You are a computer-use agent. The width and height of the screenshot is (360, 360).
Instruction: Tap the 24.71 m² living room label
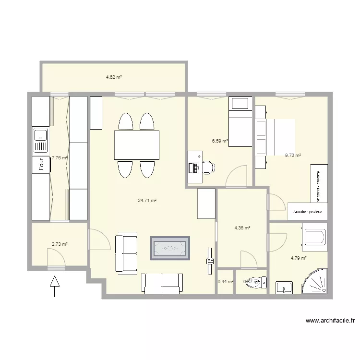(147, 201)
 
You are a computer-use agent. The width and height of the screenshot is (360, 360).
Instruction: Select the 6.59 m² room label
(220, 141)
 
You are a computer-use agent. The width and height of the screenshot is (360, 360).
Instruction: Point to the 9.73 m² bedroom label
(293, 155)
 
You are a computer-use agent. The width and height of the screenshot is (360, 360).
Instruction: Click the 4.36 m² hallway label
(242, 228)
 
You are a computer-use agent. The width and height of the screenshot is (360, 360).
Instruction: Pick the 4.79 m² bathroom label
(299, 258)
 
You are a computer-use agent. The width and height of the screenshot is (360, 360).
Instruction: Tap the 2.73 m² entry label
(60, 244)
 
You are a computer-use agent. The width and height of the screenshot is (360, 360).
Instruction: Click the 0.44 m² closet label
(225, 282)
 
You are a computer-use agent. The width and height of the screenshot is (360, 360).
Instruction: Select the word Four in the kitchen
(41, 164)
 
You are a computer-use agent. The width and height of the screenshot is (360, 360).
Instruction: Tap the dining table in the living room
(137, 145)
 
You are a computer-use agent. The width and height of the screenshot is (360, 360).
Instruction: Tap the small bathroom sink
(285, 288)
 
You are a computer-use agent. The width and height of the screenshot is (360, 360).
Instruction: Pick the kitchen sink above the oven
(41, 140)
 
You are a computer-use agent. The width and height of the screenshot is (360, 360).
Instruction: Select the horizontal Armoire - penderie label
(308, 211)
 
